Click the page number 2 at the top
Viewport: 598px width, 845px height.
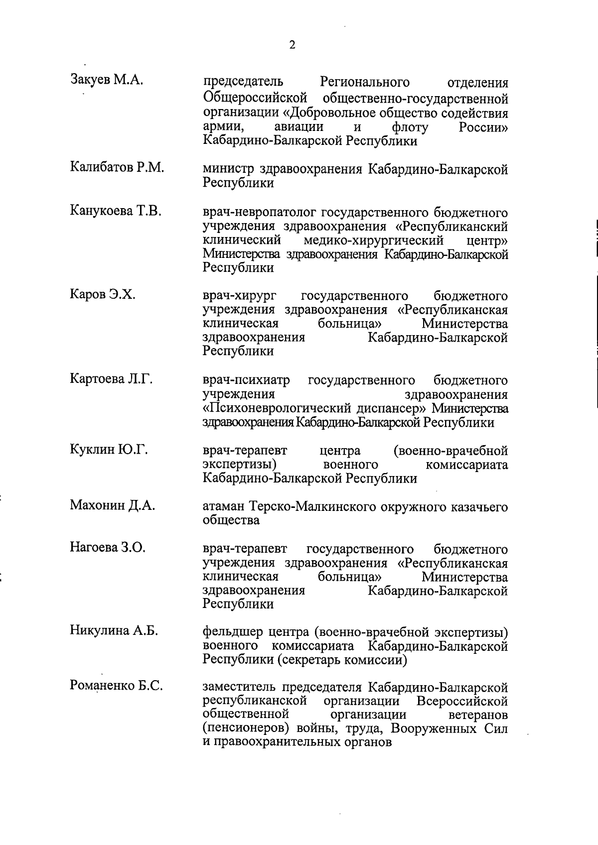coord(292,45)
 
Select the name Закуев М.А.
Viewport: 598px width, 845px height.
coord(107,80)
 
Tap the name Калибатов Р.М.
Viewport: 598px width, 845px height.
coord(117,167)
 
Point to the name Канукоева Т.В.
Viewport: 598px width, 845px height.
coord(116,211)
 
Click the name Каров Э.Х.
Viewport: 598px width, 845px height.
coord(103,294)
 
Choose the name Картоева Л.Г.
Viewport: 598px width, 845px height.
coord(111,379)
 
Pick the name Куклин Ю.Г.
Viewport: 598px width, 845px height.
coord(109,450)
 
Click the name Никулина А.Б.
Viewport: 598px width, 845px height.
coord(114,631)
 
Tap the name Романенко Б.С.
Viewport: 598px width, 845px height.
coord(117,686)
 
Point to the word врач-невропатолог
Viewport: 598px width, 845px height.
coord(260,213)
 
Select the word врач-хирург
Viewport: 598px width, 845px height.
coord(240,297)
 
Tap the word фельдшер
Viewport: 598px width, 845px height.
coord(232,633)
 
